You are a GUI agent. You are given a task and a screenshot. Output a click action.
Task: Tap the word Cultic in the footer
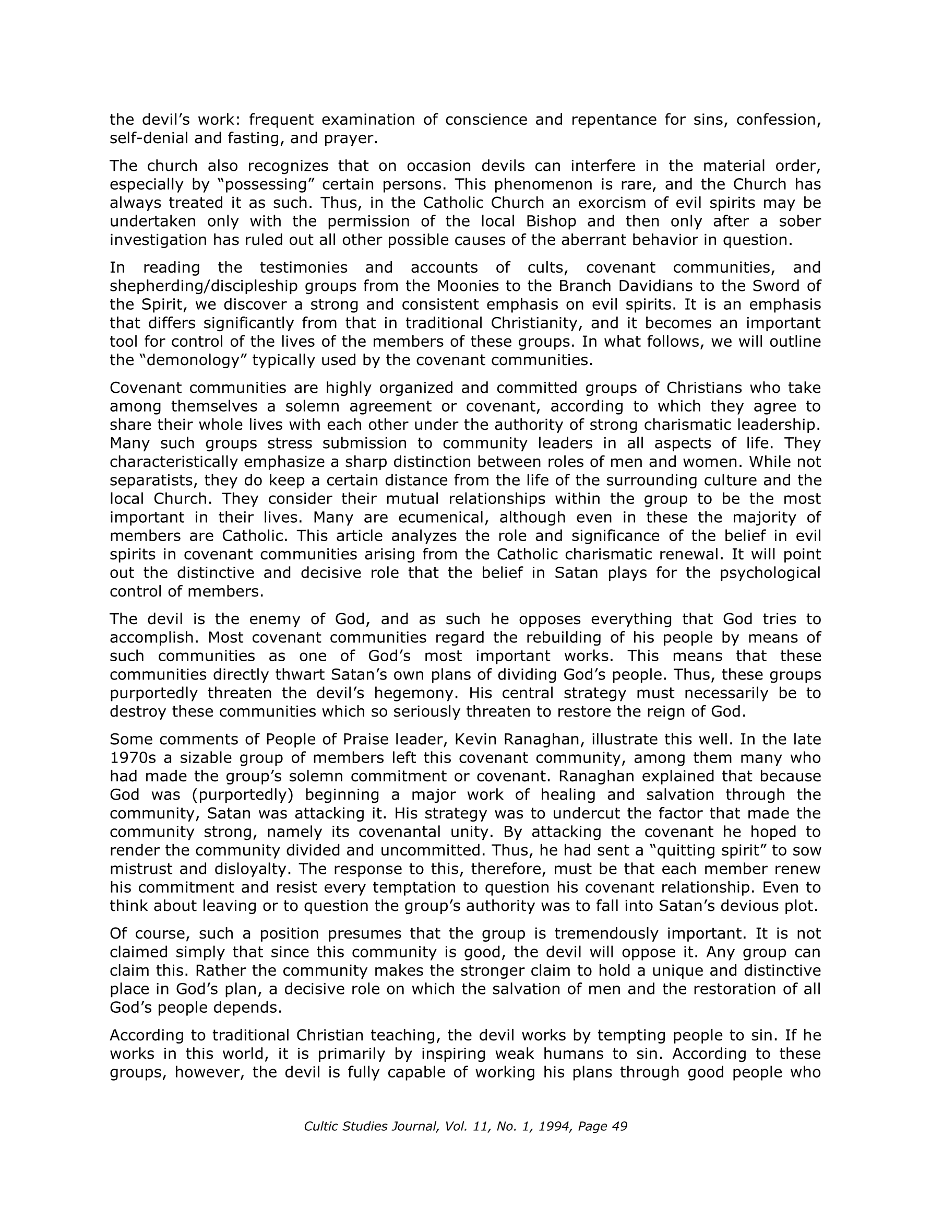(324, 1127)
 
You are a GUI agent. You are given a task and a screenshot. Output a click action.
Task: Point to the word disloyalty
(252, 869)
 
